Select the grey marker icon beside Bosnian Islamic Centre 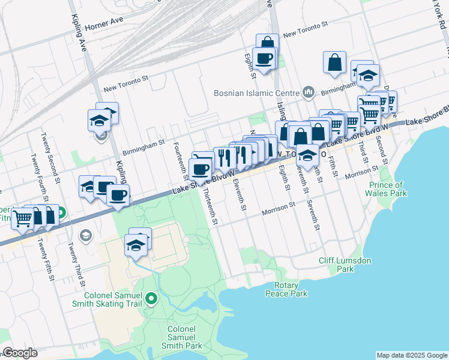tap(309, 92)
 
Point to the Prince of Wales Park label tap(388, 189)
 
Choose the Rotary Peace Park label tap(286, 289)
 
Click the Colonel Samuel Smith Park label tap(185, 338)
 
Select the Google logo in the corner tap(20, 353)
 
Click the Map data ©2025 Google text tap(411, 355)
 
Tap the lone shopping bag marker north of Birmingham tap(334, 62)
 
